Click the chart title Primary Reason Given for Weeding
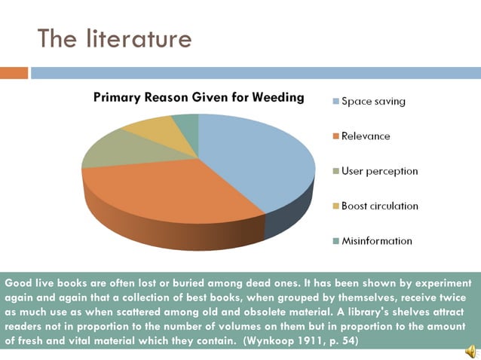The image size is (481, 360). click(x=198, y=97)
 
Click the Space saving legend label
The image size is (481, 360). click(x=373, y=101)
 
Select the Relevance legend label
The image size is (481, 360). click(x=366, y=136)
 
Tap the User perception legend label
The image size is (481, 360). click(x=379, y=171)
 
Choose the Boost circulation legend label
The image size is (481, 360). click(x=379, y=206)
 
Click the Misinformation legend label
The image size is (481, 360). click(x=377, y=241)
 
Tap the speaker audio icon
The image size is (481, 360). click(x=469, y=350)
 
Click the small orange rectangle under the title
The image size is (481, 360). click(x=14, y=73)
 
